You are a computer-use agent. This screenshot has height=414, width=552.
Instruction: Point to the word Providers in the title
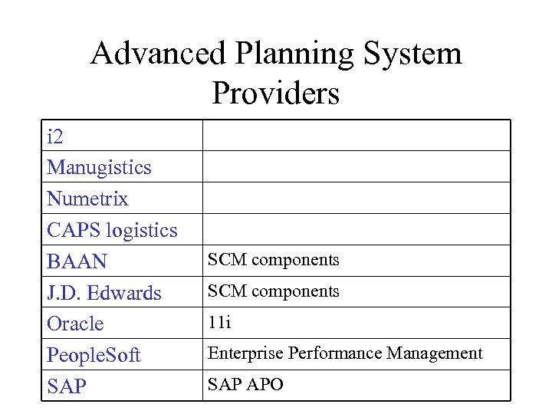pyautogui.click(x=275, y=94)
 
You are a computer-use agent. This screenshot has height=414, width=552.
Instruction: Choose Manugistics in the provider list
pyautogui.click(x=99, y=168)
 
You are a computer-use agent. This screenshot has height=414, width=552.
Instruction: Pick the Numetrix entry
pyautogui.click(x=87, y=199)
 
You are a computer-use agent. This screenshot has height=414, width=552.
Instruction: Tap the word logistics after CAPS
pyautogui.click(x=142, y=231)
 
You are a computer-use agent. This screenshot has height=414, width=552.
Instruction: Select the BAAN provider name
pyautogui.click(x=77, y=261)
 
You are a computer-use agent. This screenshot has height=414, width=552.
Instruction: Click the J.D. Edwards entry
pyautogui.click(x=103, y=293)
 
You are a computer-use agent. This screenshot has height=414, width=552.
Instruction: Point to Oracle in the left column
pyautogui.click(x=75, y=324)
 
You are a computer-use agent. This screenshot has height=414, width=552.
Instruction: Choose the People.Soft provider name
pyautogui.click(x=94, y=356)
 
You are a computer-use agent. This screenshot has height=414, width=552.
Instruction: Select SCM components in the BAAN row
pyautogui.click(x=274, y=260)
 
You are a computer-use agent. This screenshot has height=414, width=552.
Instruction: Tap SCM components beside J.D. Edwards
pyautogui.click(x=274, y=291)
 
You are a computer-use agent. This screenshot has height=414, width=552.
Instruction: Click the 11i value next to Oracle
pyautogui.click(x=219, y=323)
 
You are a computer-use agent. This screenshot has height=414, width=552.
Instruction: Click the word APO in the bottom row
pyautogui.click(x=265, y=385)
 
